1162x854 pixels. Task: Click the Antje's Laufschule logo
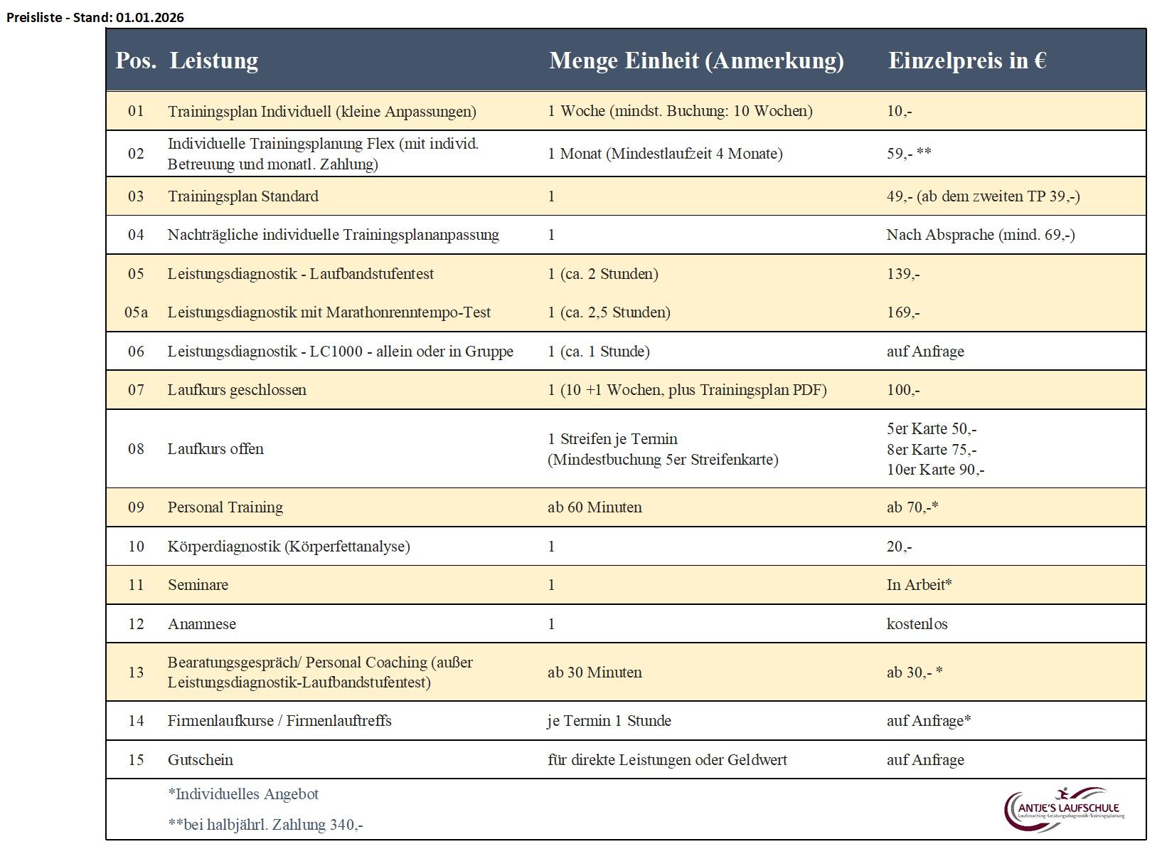[1065, 809]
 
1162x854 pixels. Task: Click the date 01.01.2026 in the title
[149, 18]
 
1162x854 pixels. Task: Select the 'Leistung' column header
[213, 61]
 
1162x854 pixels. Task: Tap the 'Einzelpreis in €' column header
[966, 61]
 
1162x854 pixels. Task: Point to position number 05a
[136, 312]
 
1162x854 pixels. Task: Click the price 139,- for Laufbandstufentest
[902, 274]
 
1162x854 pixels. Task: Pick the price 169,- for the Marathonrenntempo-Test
[902, 312]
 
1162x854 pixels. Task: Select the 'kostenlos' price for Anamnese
[917, 624]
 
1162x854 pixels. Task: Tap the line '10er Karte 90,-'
[935, 470]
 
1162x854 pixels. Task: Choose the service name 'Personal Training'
[225, 507]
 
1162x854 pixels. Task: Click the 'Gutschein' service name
[200, 760]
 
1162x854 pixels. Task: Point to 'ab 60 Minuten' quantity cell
[595, 507]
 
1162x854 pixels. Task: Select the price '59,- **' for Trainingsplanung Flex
[908, 154]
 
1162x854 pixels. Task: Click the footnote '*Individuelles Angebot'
[242, 794]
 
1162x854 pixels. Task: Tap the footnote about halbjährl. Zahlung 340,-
[265, 825]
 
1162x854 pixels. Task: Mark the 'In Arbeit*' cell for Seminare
[919, 585]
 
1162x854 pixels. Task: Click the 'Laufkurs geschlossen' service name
[237, 390]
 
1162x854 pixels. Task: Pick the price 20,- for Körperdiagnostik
[899, 547]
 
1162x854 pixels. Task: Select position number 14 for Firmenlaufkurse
[136, 721]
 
